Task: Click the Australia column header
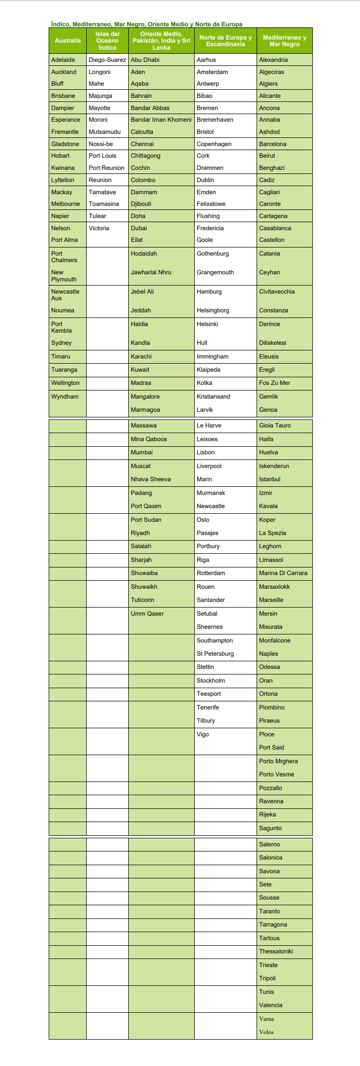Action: [x=67, y=41]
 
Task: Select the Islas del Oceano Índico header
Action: [x=107, y=41]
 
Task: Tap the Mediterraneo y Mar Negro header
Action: [x=284, y=41]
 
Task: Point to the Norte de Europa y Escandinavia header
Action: [x=225, y=41]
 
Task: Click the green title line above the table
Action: [x=147, y=24]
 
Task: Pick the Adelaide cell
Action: [x=63, y=60]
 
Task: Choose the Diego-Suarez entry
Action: [x=107, y=60]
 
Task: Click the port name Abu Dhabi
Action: [x=145, y=60]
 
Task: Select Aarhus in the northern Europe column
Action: [x=206, y=60]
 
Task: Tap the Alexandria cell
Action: [x=273, y=60]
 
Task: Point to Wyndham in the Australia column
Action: [x=65, y=397]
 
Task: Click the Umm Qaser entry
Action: [x=147, y=614]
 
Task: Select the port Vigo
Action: [x=203, y=734]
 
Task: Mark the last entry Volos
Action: [x=266, y=1032]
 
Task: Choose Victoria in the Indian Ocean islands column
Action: [x=99, y=228]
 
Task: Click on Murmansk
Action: [x=211, y=493]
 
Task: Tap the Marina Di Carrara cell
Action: [x=283, y=573]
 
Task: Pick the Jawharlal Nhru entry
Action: [x=151, y=272]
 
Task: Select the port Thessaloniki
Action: [x=276, y=951]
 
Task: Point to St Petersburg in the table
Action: [x=215, y=654]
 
